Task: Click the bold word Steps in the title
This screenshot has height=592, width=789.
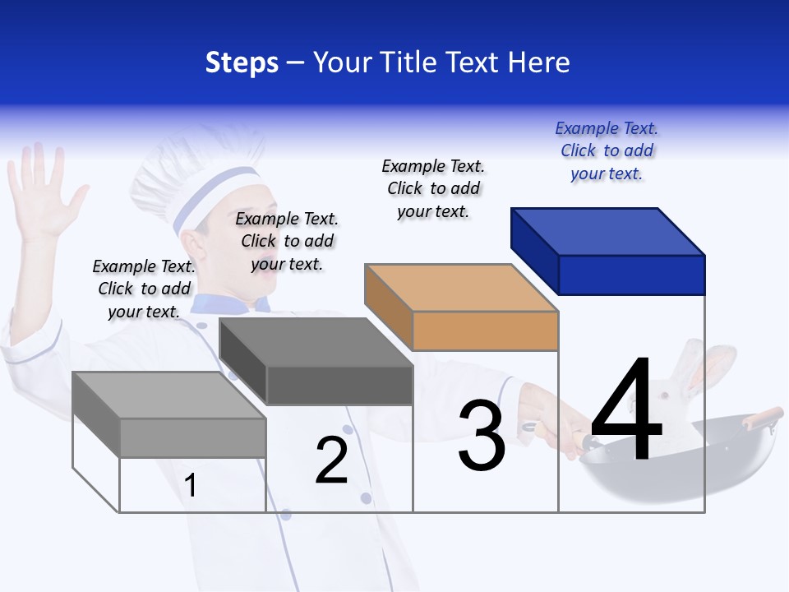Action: pos(242,62)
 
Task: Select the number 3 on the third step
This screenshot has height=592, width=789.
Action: pos(481,436)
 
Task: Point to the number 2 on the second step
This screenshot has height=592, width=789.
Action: pos(331,460)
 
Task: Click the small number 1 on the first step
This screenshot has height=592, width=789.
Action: pos(191,485)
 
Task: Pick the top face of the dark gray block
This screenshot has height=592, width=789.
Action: pos(316,342)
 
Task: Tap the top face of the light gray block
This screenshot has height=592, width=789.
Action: pos(169,395)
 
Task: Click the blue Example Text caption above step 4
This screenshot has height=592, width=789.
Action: pos(607,150)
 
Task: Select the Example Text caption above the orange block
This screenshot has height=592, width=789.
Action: pos(433,188)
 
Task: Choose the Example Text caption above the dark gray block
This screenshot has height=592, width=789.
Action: pos(287,241)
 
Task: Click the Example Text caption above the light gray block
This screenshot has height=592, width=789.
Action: pos(144,289)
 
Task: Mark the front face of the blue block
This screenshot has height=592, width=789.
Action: pos(631,275)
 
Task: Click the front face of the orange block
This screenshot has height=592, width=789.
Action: pos(485,331)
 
